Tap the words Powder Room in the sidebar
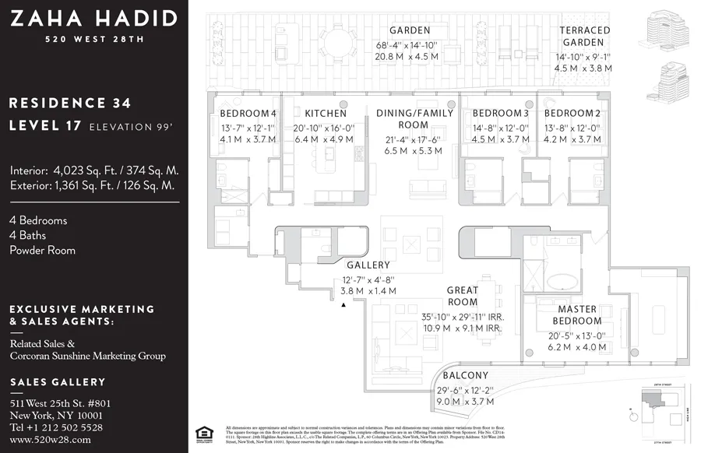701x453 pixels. pyautogui.click(x=42, y=251)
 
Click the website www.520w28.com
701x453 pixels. pyautogui.click(x=50, y=440)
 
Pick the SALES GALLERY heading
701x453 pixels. pyautogui.click(x=58, y=382)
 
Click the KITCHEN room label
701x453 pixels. pyautogui.click(x=325, y=114)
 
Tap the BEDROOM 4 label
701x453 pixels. pyautogui.click(x=248, y=114)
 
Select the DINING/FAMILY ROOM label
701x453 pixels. pyautogui.click(x=414, y=119)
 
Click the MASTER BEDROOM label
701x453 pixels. pyautogui.click(x=577, y=315)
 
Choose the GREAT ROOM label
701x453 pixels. pyautogui.click(x=462, y=297)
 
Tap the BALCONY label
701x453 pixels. pyautogui.click(x=467, y=376)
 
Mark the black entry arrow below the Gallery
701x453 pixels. pyautogui.click(x=343, y=305)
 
